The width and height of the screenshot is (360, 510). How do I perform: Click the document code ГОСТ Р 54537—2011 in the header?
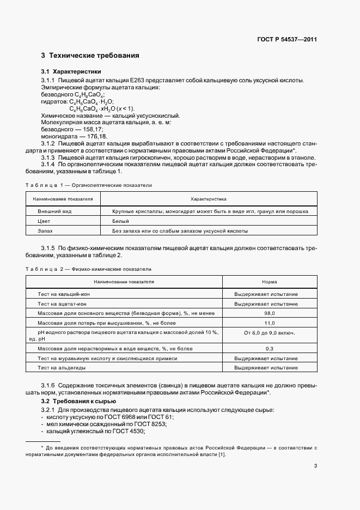288,39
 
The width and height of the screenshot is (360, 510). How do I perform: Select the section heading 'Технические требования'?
94,56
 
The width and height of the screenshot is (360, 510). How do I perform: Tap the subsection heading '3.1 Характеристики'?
71,71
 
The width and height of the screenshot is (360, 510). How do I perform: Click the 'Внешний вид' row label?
54,211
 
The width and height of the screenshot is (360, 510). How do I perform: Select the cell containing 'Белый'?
120,221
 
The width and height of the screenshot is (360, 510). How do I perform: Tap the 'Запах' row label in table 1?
45,231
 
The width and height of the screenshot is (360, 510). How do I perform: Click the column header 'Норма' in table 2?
269,282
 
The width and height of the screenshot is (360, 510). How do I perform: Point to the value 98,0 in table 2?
269,313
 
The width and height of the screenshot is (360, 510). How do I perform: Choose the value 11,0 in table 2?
269,323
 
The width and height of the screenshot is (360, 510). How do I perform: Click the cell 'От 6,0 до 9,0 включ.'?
269,332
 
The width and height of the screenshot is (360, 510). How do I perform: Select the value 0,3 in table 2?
269,348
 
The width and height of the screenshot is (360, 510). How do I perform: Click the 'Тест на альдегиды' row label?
59,368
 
